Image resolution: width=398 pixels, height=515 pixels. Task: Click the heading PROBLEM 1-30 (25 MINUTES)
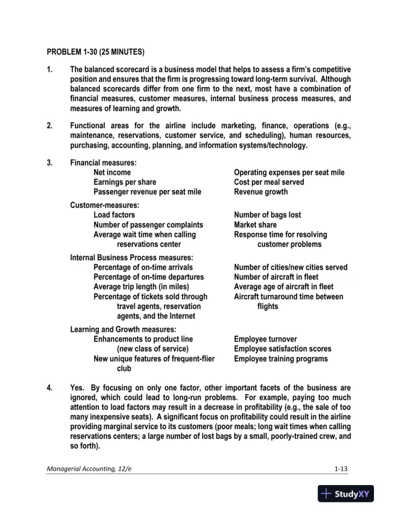tap(96, 51)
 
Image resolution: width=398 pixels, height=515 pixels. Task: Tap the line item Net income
tap(112, 172)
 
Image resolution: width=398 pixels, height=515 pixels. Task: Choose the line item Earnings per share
tap(125, 182)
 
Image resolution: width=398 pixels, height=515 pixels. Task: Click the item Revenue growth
tap(261, 192)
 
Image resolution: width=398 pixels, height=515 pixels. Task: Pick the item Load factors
tap(114, 215)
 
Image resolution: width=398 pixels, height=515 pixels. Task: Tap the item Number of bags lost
tap(267, 215)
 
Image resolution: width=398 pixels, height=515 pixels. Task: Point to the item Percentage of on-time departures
tap(149, 277)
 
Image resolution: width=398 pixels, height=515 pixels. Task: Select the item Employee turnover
tap(265, 339)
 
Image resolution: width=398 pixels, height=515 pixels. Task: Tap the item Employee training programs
tap(281, 358)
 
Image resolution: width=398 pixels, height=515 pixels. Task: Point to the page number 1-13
tap(341, 469)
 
